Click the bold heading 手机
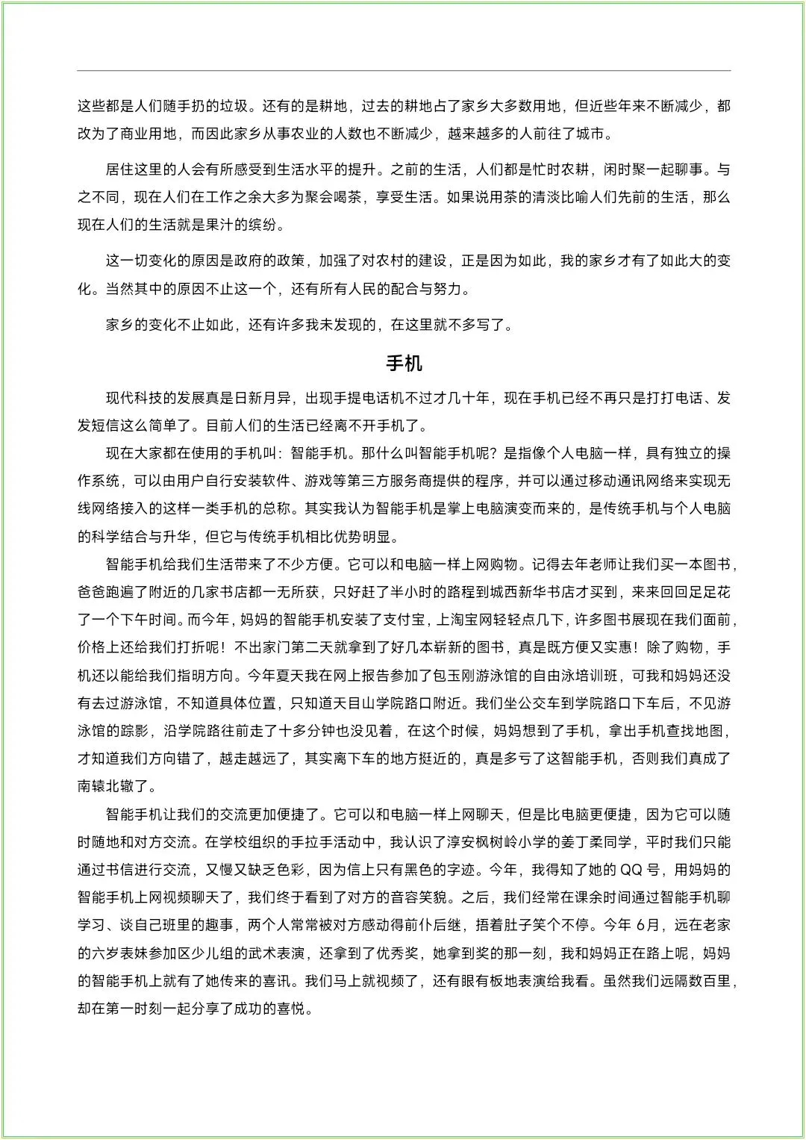click(404, 364)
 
